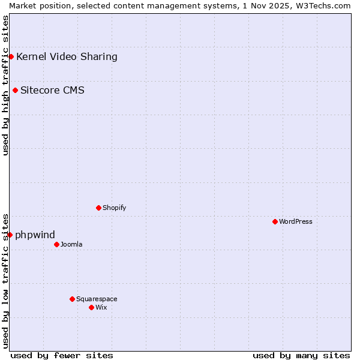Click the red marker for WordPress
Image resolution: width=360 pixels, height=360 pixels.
pos(275,221)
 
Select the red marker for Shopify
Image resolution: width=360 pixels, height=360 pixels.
pos(98,208)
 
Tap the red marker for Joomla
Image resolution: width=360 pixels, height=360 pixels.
pos(56,244)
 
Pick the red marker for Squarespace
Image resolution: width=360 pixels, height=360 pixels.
pos(72,299)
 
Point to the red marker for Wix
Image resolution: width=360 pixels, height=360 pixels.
pos(91,307)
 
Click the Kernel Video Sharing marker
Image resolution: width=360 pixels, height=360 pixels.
pos(11,56)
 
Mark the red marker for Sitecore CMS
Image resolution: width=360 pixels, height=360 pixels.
pos(15,91)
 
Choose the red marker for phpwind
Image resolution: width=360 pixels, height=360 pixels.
pos(10,235)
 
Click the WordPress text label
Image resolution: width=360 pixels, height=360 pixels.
pos(296,221)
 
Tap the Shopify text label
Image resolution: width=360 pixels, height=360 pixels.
pos(114,208)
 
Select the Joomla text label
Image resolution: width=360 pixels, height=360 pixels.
pos(71,244)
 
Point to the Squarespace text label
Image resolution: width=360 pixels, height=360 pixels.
pos(97,299)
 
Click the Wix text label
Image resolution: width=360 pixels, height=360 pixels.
pos(101,307)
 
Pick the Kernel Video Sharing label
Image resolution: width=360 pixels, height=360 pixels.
pos(67,57)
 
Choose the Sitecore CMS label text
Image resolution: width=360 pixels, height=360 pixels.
pos(52,91)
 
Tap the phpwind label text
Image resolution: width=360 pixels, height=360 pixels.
pos(35,235)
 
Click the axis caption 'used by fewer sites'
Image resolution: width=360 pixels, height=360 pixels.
pos(62,355)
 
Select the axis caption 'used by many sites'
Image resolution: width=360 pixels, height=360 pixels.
pos(301,355)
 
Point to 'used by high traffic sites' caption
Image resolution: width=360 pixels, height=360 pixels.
pos(5,85)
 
